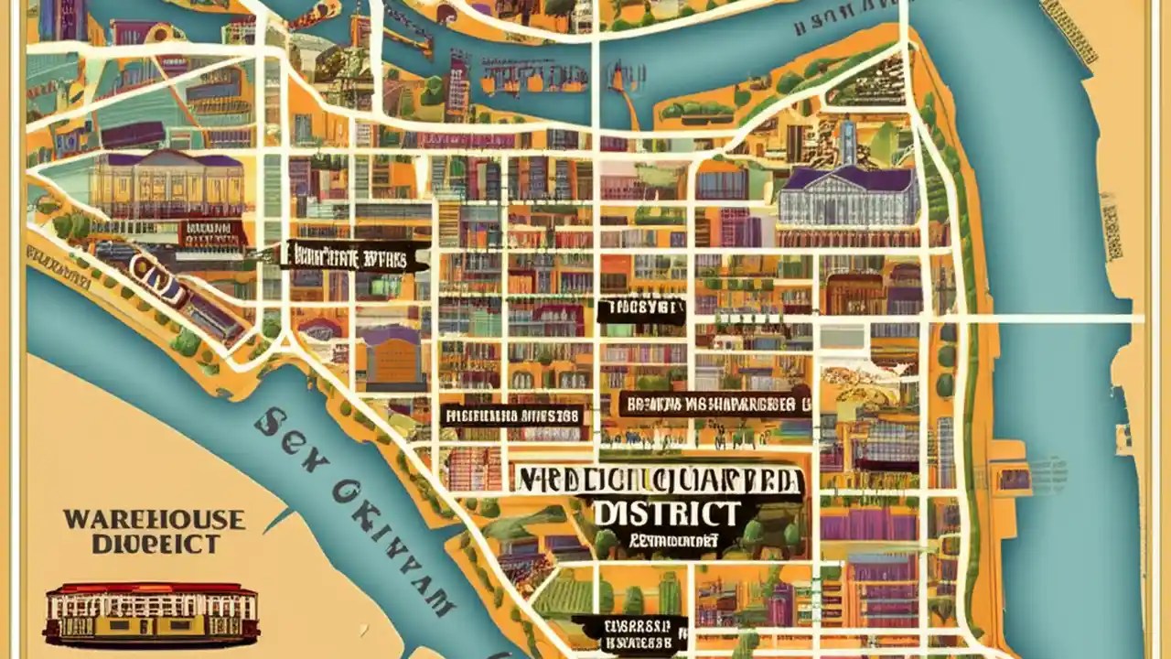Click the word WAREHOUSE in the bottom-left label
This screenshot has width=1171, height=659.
[x=154, y=520]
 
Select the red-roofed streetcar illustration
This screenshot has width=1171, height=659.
[x=152, y=612]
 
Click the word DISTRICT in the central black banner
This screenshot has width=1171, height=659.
[x=666, y=513]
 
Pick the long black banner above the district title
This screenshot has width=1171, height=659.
[x=714, y=403]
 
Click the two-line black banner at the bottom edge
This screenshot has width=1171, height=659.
[x=630, y=632]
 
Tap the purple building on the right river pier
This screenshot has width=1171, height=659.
[x=1014, y=478]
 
